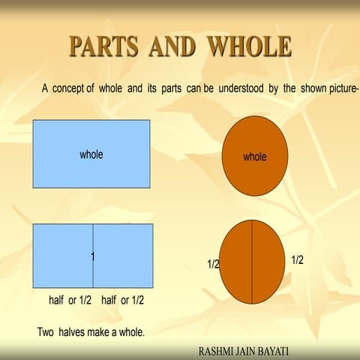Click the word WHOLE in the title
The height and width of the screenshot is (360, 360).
[249, 46]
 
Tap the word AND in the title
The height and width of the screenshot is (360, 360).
[174, 46]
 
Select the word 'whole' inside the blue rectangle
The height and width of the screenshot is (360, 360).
[91, 154]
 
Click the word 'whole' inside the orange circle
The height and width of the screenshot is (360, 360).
[255, 157]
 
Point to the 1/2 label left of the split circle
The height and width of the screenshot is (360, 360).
[213, 265]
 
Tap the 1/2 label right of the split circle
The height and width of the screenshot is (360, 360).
[297, 259]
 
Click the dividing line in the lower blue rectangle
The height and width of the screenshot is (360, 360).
[93, 240]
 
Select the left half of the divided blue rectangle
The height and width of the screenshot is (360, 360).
[63, 256]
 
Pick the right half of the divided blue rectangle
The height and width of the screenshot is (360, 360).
[123, 256]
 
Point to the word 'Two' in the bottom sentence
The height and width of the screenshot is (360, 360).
[46, 331]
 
